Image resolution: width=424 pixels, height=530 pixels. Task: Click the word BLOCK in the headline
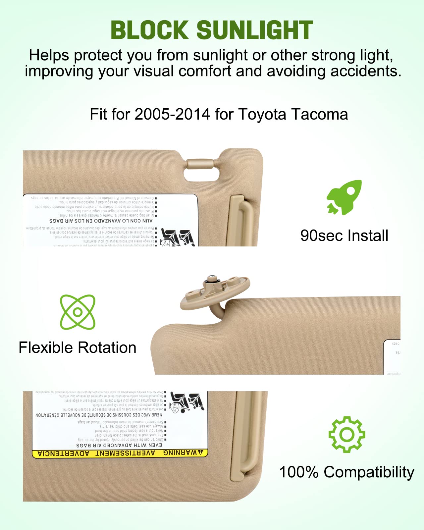click(150, 30)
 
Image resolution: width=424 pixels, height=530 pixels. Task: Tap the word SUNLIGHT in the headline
click(254, 30)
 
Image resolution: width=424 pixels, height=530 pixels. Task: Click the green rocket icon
click(344, 197)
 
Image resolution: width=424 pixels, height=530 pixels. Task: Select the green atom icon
click(78, 312)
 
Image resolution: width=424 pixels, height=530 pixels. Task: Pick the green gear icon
click(346, 434)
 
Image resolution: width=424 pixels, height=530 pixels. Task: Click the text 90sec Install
click(344, 236)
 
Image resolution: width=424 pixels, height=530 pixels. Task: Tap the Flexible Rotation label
click(78, 348)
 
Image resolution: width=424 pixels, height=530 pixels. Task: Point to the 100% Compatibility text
click(346, 472)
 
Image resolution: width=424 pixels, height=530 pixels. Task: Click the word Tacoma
click(320, 115)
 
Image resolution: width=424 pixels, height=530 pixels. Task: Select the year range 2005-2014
click(172, 115)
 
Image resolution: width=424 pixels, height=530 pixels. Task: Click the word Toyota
click(262, 115)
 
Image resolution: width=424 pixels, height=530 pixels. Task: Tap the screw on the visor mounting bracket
click(211, 279)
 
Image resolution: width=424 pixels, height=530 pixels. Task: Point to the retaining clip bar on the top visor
click(199, 164)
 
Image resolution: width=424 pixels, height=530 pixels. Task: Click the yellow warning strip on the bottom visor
click(120, 453)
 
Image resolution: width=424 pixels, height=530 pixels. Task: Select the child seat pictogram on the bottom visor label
click(186, 402)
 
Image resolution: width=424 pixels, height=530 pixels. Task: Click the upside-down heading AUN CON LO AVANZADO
click(101, 221)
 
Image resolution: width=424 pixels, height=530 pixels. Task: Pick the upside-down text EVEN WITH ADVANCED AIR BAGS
click(119, 445)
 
